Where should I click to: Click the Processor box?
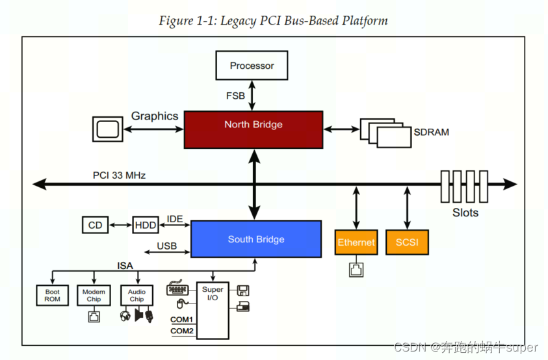coord(252,66)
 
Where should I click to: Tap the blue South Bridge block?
coord(255,239)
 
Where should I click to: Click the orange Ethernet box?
coord(356,242)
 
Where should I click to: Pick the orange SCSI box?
coord(407,242)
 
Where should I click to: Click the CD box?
coord(96,225)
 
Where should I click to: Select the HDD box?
coord(145,225)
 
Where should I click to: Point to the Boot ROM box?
coord(53,296)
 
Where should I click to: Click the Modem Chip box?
coord(94,295)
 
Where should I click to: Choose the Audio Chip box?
coord(137,295)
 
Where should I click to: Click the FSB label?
coord(235,96)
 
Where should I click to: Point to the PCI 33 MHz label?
coord(119,175)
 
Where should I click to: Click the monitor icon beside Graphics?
coord(107,129)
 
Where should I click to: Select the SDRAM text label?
coord(431,132)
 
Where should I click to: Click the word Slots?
coord(465,212)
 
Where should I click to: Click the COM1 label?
coord(182,319)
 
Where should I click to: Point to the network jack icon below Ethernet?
coord(356,269)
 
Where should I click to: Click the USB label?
coord(167,246)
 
